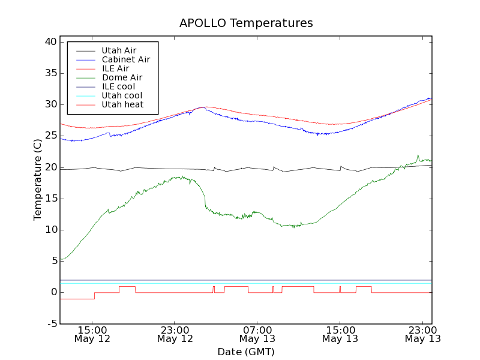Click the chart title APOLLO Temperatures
[x=246, y=23]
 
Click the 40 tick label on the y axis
[x=50, y=42]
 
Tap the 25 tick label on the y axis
[x=50, y=136]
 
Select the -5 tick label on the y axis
[x=51, y=323]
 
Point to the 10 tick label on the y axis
[x=50, y=230]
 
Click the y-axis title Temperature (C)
[x=37, y=180]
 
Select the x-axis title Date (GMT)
[x=246, y=352]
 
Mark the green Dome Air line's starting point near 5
[x=61, y=259]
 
